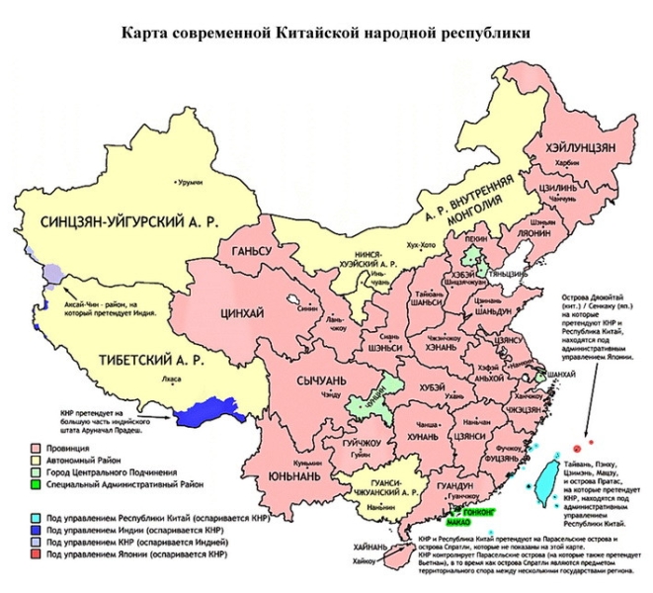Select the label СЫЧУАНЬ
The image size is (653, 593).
point(321,379)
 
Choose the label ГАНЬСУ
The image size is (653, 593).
point(251,251)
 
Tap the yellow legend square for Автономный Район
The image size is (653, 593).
point(34,460)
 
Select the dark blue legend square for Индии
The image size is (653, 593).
point(34,530)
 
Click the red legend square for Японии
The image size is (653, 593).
point(34,557)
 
